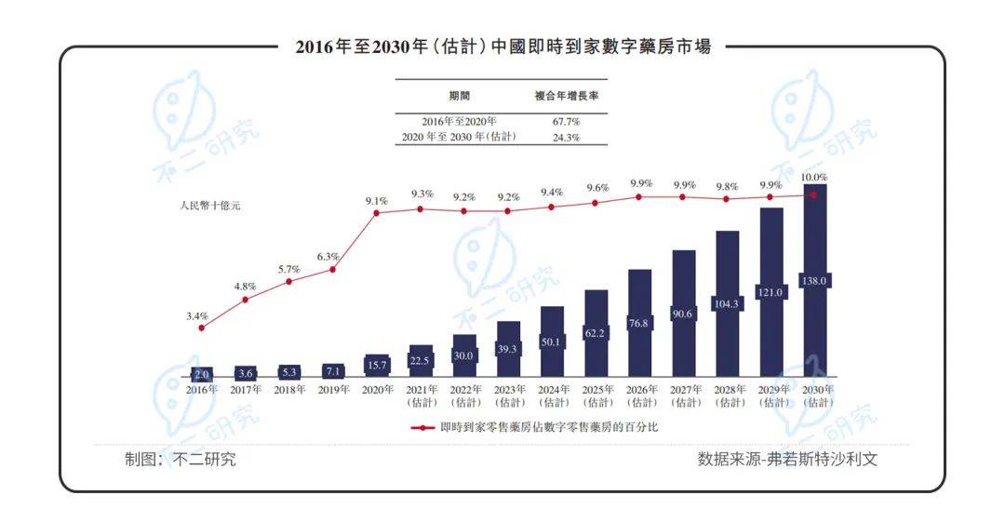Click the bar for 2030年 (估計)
pyautogui.click(x=815, y=279)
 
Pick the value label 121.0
pyautogui.click(x=771, y=292)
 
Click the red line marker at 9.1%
pyautogui.click(x=376, y=213)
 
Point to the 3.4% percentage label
pyautogui.click(x=196, y=316)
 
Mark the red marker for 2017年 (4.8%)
pyautogui.click(x=246, y=300)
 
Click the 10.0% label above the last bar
pyautogui.click(x=814, y=177)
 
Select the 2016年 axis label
pyautogui.click(x=201, y=390)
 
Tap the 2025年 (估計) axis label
pyautogui.click(x=596, y=395)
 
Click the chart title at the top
pyautogui.click(x=502, y=47)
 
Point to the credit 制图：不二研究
pyautogui.click(x=181, y=460)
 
